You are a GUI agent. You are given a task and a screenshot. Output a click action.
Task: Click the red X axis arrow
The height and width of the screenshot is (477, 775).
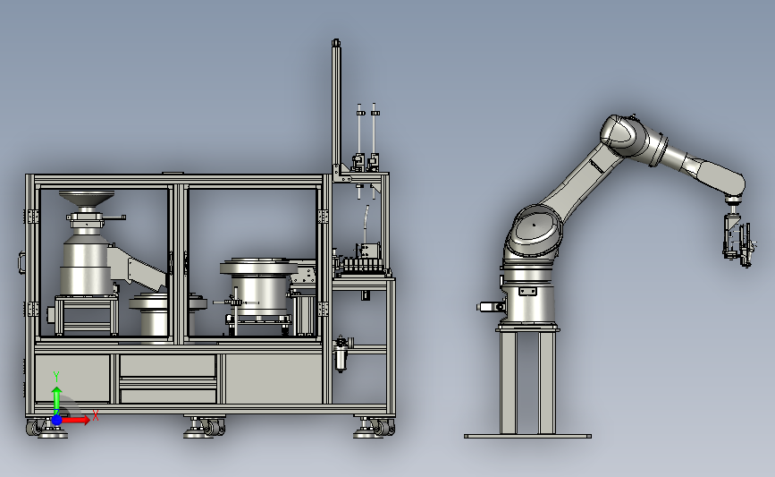click(x=74, y=420)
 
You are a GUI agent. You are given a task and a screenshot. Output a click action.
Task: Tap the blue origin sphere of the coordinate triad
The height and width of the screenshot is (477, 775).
click(x=56, y=420)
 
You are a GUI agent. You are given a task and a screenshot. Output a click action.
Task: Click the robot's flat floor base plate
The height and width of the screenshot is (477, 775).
click(x=527, y=437)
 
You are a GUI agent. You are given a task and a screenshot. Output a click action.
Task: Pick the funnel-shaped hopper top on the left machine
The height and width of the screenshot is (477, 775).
click(x=87, y=198)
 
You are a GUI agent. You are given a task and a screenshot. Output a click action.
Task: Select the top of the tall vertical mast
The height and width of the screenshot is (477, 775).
click(x=336, y=43)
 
